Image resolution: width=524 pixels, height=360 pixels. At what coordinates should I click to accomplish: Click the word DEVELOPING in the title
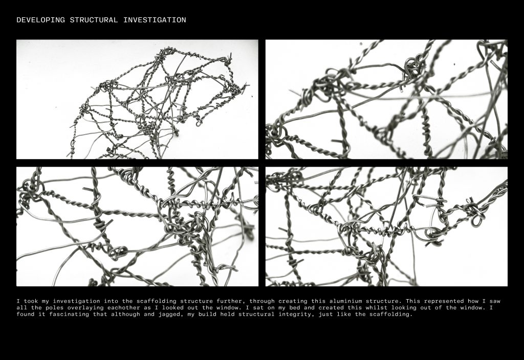pyautogui.click(x=40, y=20)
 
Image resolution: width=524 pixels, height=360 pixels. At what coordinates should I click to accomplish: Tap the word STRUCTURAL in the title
pyautogui.click(x=94, y=20)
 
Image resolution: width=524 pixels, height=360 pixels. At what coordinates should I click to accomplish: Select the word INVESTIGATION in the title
pyautogui.click(x=155, y=20)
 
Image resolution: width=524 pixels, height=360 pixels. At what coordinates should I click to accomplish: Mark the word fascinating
pyautogui.click(x=68, y=314)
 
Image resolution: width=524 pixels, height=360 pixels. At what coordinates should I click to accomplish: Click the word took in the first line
pyautogui.click(x=31, y=301)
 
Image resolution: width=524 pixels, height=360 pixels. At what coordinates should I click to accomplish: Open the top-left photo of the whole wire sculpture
pyautogui.click(x=137, y=100)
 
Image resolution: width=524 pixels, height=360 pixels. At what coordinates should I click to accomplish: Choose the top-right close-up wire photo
pyautogui.click(x=387, y=100)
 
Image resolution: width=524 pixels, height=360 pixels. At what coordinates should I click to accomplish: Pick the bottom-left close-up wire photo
pyautogui.click(x=137, y=227)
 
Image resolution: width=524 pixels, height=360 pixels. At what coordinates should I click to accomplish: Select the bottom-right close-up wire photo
pyautogui.click(x=387, y=227)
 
